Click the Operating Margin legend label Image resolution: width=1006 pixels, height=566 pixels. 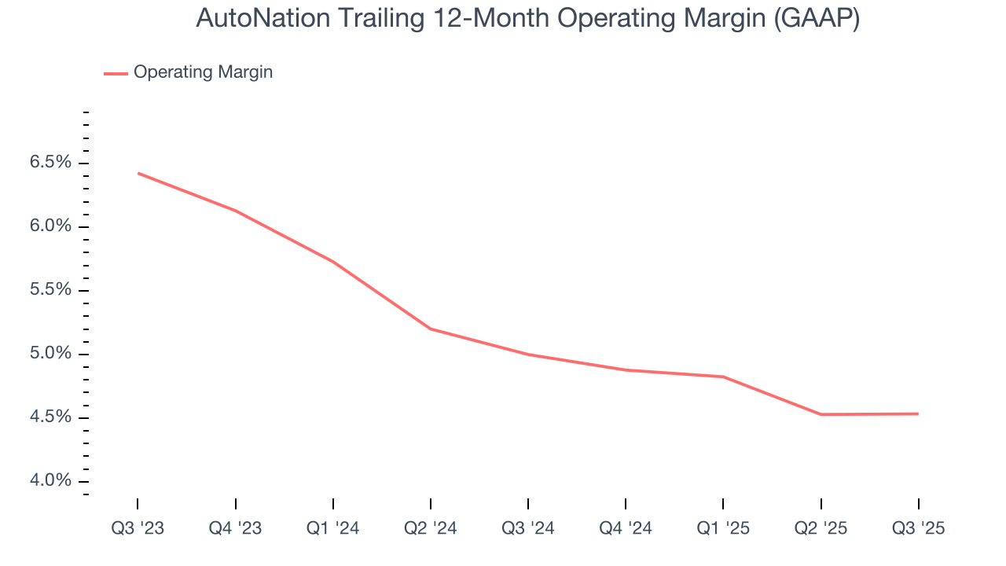point(203,72)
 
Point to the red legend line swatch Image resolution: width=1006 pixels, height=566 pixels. point(116,73)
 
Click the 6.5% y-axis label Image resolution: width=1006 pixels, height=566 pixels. point(50,163)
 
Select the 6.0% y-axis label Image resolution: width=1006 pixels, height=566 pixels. point(50,226)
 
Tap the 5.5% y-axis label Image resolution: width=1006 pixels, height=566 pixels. point(50,290)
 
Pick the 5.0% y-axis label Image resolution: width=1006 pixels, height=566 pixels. point(50,354)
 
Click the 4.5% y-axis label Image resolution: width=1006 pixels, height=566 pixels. point(50,417)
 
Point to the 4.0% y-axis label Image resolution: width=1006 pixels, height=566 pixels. point(50,481)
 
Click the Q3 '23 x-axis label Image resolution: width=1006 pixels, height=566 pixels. point(138,529)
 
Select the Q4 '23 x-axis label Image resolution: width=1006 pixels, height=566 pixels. point(235,529)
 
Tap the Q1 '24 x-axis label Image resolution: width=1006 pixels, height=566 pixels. point(333,529)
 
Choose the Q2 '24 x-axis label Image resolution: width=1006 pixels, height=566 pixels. point(431,529)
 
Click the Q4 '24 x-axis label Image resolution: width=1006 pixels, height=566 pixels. point(626,529)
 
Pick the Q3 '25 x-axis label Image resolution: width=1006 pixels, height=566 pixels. point(918,529)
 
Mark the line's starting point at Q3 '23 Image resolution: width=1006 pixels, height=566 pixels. point(138,173)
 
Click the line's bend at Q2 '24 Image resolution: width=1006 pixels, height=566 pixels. point(431,329)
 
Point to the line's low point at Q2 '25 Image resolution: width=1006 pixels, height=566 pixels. point(821,414)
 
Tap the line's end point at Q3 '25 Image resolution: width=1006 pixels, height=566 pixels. point(917,413)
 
